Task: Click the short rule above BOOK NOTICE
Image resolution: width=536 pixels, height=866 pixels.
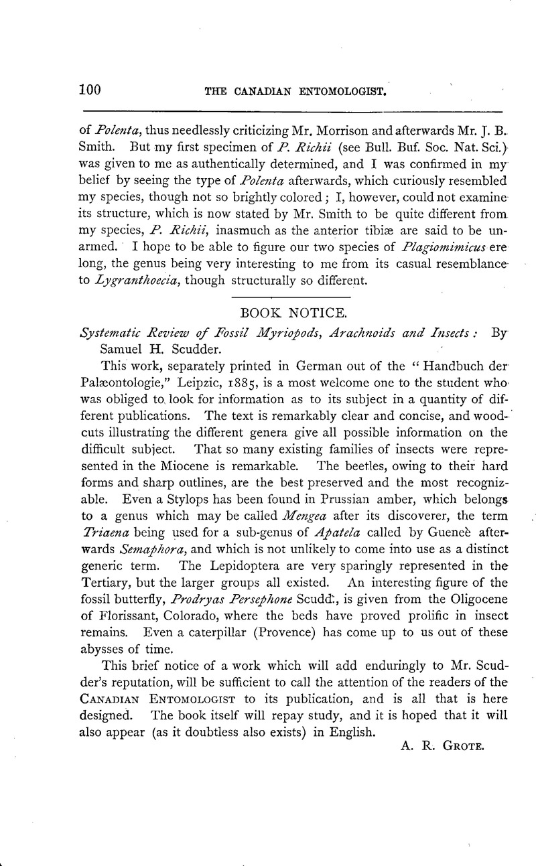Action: (x=290, y=297)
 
